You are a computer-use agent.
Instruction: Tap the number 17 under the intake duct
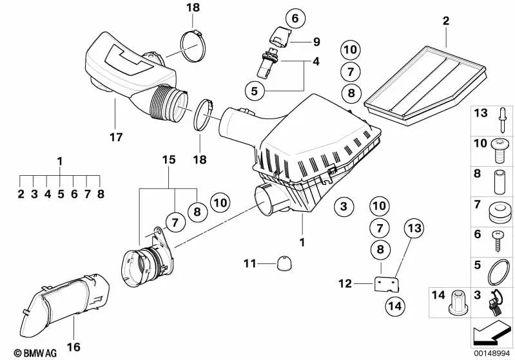pos(115,137)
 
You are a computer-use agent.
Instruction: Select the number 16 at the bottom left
pos(73,347)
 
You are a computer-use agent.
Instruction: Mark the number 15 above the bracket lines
pos(168,158)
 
